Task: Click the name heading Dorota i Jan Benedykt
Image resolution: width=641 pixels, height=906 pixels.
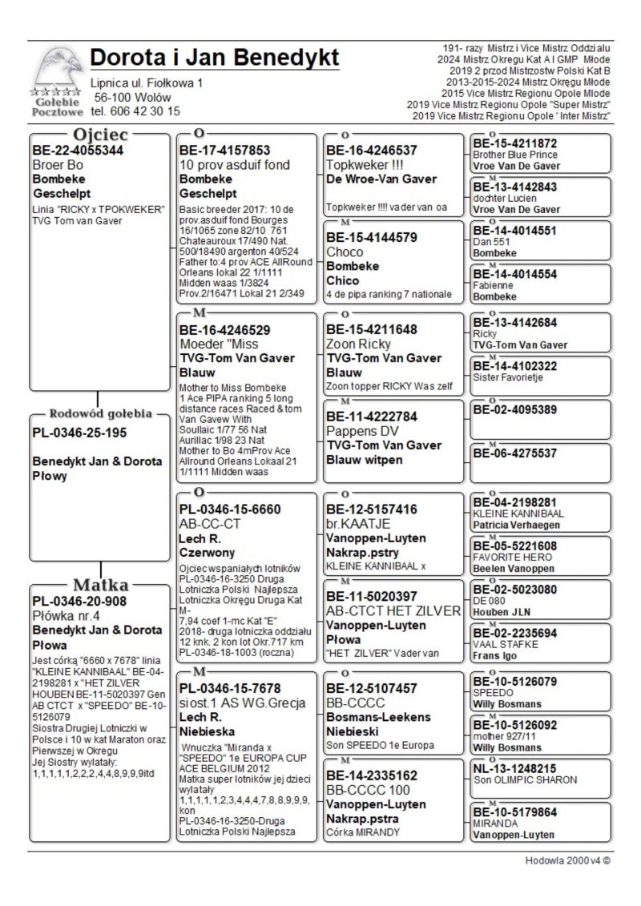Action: (215, 58)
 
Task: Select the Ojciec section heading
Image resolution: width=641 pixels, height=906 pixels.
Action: (101, 135)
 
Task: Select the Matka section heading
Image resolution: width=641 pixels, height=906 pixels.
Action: (101, 584)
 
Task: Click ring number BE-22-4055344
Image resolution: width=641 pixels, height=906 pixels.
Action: (78, 150)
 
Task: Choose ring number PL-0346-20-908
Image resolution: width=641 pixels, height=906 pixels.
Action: (80, 601)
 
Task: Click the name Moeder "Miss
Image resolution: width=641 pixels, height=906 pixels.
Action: (219, 344)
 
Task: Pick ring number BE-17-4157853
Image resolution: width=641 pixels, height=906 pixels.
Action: (225, 150)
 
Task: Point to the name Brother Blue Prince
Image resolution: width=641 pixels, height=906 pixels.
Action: (515, 155)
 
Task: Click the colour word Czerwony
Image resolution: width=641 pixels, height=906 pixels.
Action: (207, 553)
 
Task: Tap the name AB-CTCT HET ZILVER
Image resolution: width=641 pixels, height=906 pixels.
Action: (393, 610)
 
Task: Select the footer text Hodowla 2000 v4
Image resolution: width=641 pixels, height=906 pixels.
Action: (564, 860)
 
